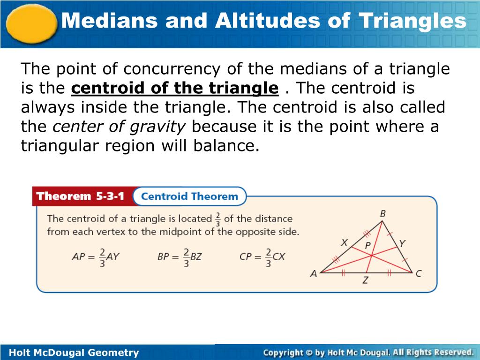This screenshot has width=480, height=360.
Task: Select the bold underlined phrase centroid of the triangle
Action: (175, 88)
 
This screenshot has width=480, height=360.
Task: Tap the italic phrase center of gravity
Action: (119, 126)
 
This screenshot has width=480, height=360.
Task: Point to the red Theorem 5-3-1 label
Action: (81, 196)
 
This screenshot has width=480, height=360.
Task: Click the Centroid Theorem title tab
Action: (189, 196)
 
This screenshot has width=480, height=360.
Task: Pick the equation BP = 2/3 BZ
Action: (179, 257)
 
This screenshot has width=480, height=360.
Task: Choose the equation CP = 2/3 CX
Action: (262, 257)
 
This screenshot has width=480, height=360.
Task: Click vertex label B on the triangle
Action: (382, 214)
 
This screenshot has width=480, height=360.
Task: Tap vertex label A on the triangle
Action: (314, 274)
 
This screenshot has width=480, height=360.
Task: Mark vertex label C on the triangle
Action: (418, 274)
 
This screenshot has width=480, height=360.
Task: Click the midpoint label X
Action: (345, 243)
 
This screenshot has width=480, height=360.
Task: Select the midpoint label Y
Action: (402, 243)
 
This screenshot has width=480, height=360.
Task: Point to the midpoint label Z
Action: (365, 281)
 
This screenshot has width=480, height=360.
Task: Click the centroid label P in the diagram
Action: (368, 245)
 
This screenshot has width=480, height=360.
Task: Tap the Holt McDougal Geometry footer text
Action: (74, 352)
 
